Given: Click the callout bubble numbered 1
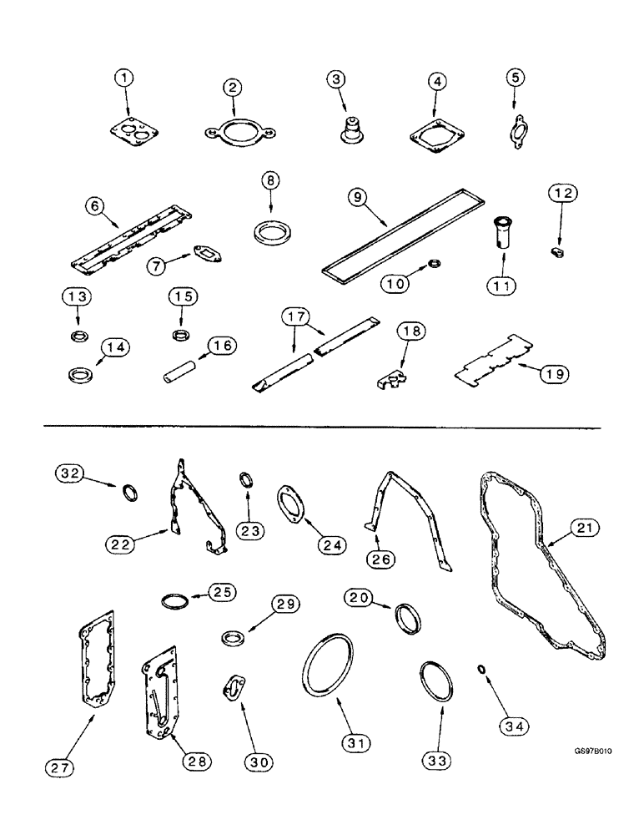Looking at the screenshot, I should [125, 78].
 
